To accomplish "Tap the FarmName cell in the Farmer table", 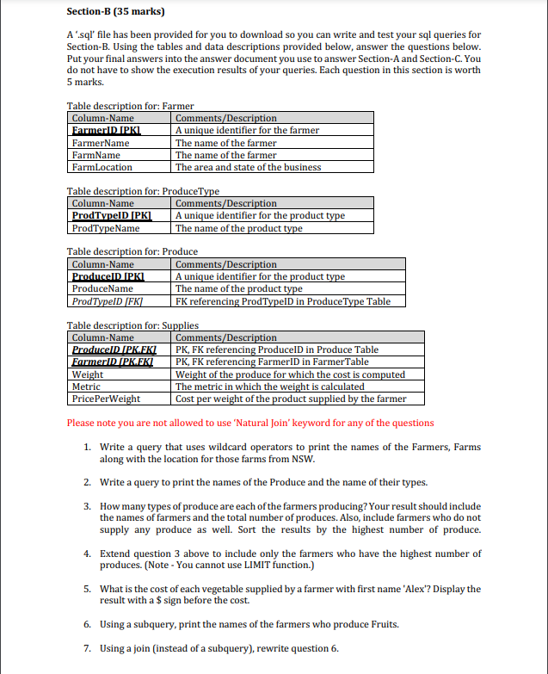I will click(x=95, y=155).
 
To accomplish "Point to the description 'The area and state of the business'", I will click(x=248, y=167).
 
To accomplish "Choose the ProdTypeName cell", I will click(x=106, y=228).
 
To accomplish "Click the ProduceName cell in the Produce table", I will click(x=102, y=289).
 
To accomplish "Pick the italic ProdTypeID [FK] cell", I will click(x=107, y=301).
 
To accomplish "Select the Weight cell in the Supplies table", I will click(x=88, y=374).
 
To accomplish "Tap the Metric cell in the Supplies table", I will click(x=86, y=386).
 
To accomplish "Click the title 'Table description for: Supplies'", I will click(x=132, y=325).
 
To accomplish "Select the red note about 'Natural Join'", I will click(x=250, y=423).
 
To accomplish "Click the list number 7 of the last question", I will click(x=88, y=648).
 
